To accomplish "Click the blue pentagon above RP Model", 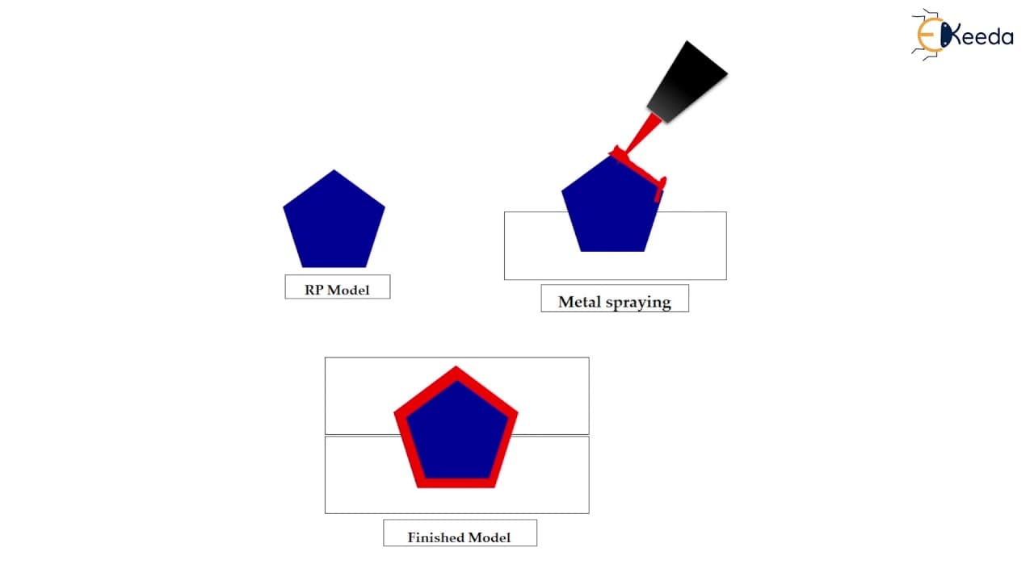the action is (x=334, y=221).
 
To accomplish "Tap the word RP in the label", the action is (x=313, y=290).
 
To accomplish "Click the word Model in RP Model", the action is (x=347, y=290).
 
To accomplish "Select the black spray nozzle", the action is (x=687, y=83).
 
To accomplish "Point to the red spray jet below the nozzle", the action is (x=642, y=134).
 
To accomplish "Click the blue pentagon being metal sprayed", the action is (x=612, y=207).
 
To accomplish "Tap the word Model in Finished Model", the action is (x=490, y=537).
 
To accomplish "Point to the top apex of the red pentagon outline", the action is (x=456, y=367).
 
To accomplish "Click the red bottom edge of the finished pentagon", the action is (x=456, y=483).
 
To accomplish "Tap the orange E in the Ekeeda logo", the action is (x=928, y=35).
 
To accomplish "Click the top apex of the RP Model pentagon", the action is (x=334, y=170).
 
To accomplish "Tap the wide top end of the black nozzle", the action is (x=707, y=56).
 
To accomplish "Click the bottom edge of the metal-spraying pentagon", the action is (x=612, y=251).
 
